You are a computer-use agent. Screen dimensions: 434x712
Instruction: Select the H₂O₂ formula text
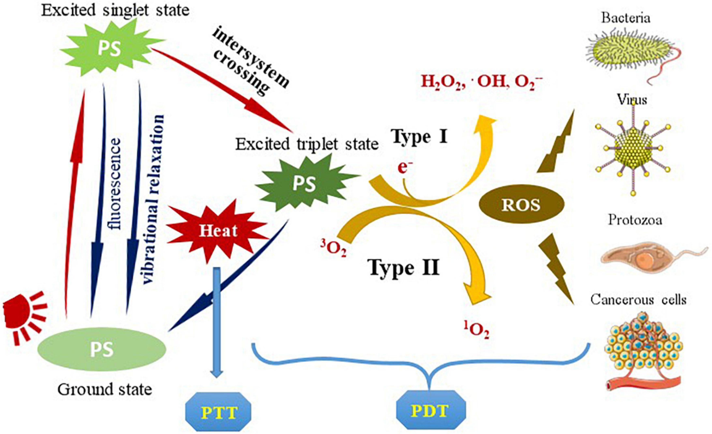439,82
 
